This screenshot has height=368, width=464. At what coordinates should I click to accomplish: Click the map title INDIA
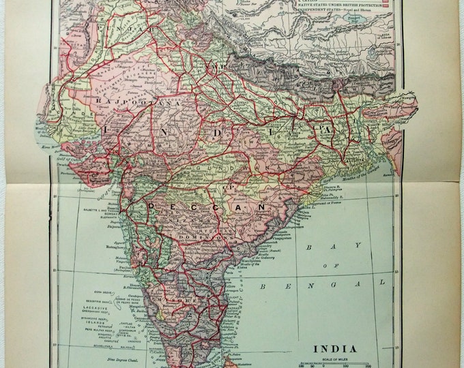pyautogui.click(x=334, y=349)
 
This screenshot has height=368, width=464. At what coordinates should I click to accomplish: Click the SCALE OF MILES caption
pyautogui.click(x=334, y=359)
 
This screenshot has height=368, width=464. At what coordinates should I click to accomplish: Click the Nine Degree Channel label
pyautogui.click(x=102, y=356)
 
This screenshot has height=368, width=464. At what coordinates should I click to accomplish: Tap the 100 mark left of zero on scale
pyautogui.click(x=301, y=366)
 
